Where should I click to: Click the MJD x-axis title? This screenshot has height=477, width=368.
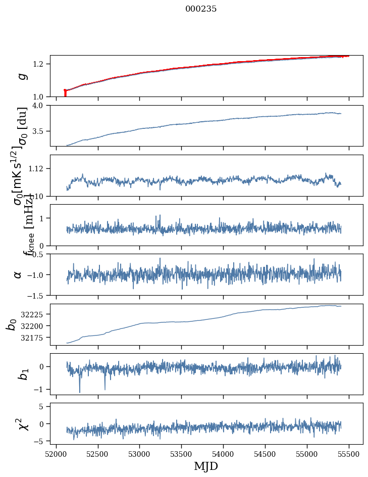click(x=206, y=466)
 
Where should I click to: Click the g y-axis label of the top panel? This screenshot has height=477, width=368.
click(x=21, y=76)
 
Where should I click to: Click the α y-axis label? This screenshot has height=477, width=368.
click(x=18, y=274)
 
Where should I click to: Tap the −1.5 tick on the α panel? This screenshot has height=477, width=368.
click(x=37, y=295)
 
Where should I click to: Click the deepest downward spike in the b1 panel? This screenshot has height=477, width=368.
click(x=79, y=392)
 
